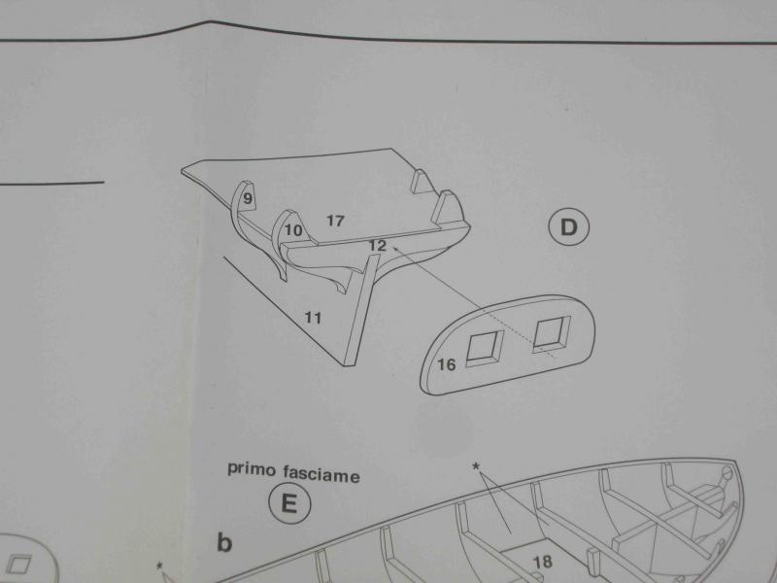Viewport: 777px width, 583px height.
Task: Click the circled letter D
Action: (569, 227)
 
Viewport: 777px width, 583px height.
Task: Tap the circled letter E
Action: (289, 503)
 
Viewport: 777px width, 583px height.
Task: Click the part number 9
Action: (248, 198)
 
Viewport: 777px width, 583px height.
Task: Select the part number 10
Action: (293, 230)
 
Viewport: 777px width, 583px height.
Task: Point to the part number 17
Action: (335, 221)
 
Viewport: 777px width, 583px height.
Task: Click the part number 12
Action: (377, 245)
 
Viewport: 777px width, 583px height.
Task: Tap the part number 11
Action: (313, 318)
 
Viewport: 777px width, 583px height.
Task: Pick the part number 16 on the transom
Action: (446, 365)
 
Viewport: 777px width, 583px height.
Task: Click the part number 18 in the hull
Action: (543, 562)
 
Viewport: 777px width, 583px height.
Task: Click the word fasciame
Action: (321, 474)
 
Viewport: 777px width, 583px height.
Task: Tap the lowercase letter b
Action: (224, 542)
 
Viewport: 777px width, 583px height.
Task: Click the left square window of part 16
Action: (485, 348)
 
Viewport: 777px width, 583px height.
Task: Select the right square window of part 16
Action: (552, 334)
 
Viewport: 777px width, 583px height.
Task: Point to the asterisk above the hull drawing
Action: (476, 466)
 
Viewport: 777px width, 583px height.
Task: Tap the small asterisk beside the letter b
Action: (159, 566)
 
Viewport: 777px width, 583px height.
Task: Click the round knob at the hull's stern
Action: (726, 472)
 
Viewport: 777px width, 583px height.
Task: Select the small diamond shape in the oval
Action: (18, 565)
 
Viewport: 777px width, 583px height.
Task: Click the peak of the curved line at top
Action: (211, 21)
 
